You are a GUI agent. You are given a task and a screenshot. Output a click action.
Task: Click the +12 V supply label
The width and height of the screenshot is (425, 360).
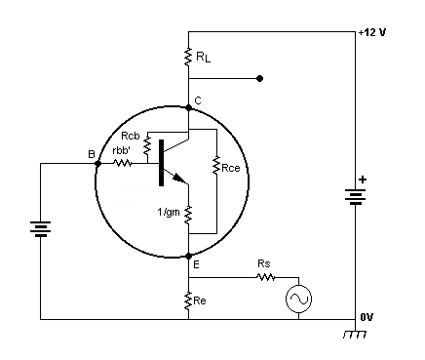tap(372, 32)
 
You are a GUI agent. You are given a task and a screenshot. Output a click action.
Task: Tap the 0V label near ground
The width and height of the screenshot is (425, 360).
tap(367, 317)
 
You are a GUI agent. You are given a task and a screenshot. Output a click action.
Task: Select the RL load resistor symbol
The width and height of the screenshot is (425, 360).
tap(188, 57)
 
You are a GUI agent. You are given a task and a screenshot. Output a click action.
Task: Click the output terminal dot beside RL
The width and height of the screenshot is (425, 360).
tap(259, 78)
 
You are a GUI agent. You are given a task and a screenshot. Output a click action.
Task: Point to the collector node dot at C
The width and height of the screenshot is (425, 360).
tap(188, 107)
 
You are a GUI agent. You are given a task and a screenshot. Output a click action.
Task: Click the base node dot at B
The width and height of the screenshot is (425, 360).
tap(97, 164)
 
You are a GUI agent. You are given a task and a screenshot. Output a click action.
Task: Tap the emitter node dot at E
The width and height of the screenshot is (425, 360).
tap(188, 257)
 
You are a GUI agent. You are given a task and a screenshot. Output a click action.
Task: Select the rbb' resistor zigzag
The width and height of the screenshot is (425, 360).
tap(123, 163)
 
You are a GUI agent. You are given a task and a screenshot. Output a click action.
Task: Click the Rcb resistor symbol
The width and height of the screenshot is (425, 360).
tap(147, 145)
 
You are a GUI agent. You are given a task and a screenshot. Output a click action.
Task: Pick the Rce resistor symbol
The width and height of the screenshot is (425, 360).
tap(216, 166)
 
